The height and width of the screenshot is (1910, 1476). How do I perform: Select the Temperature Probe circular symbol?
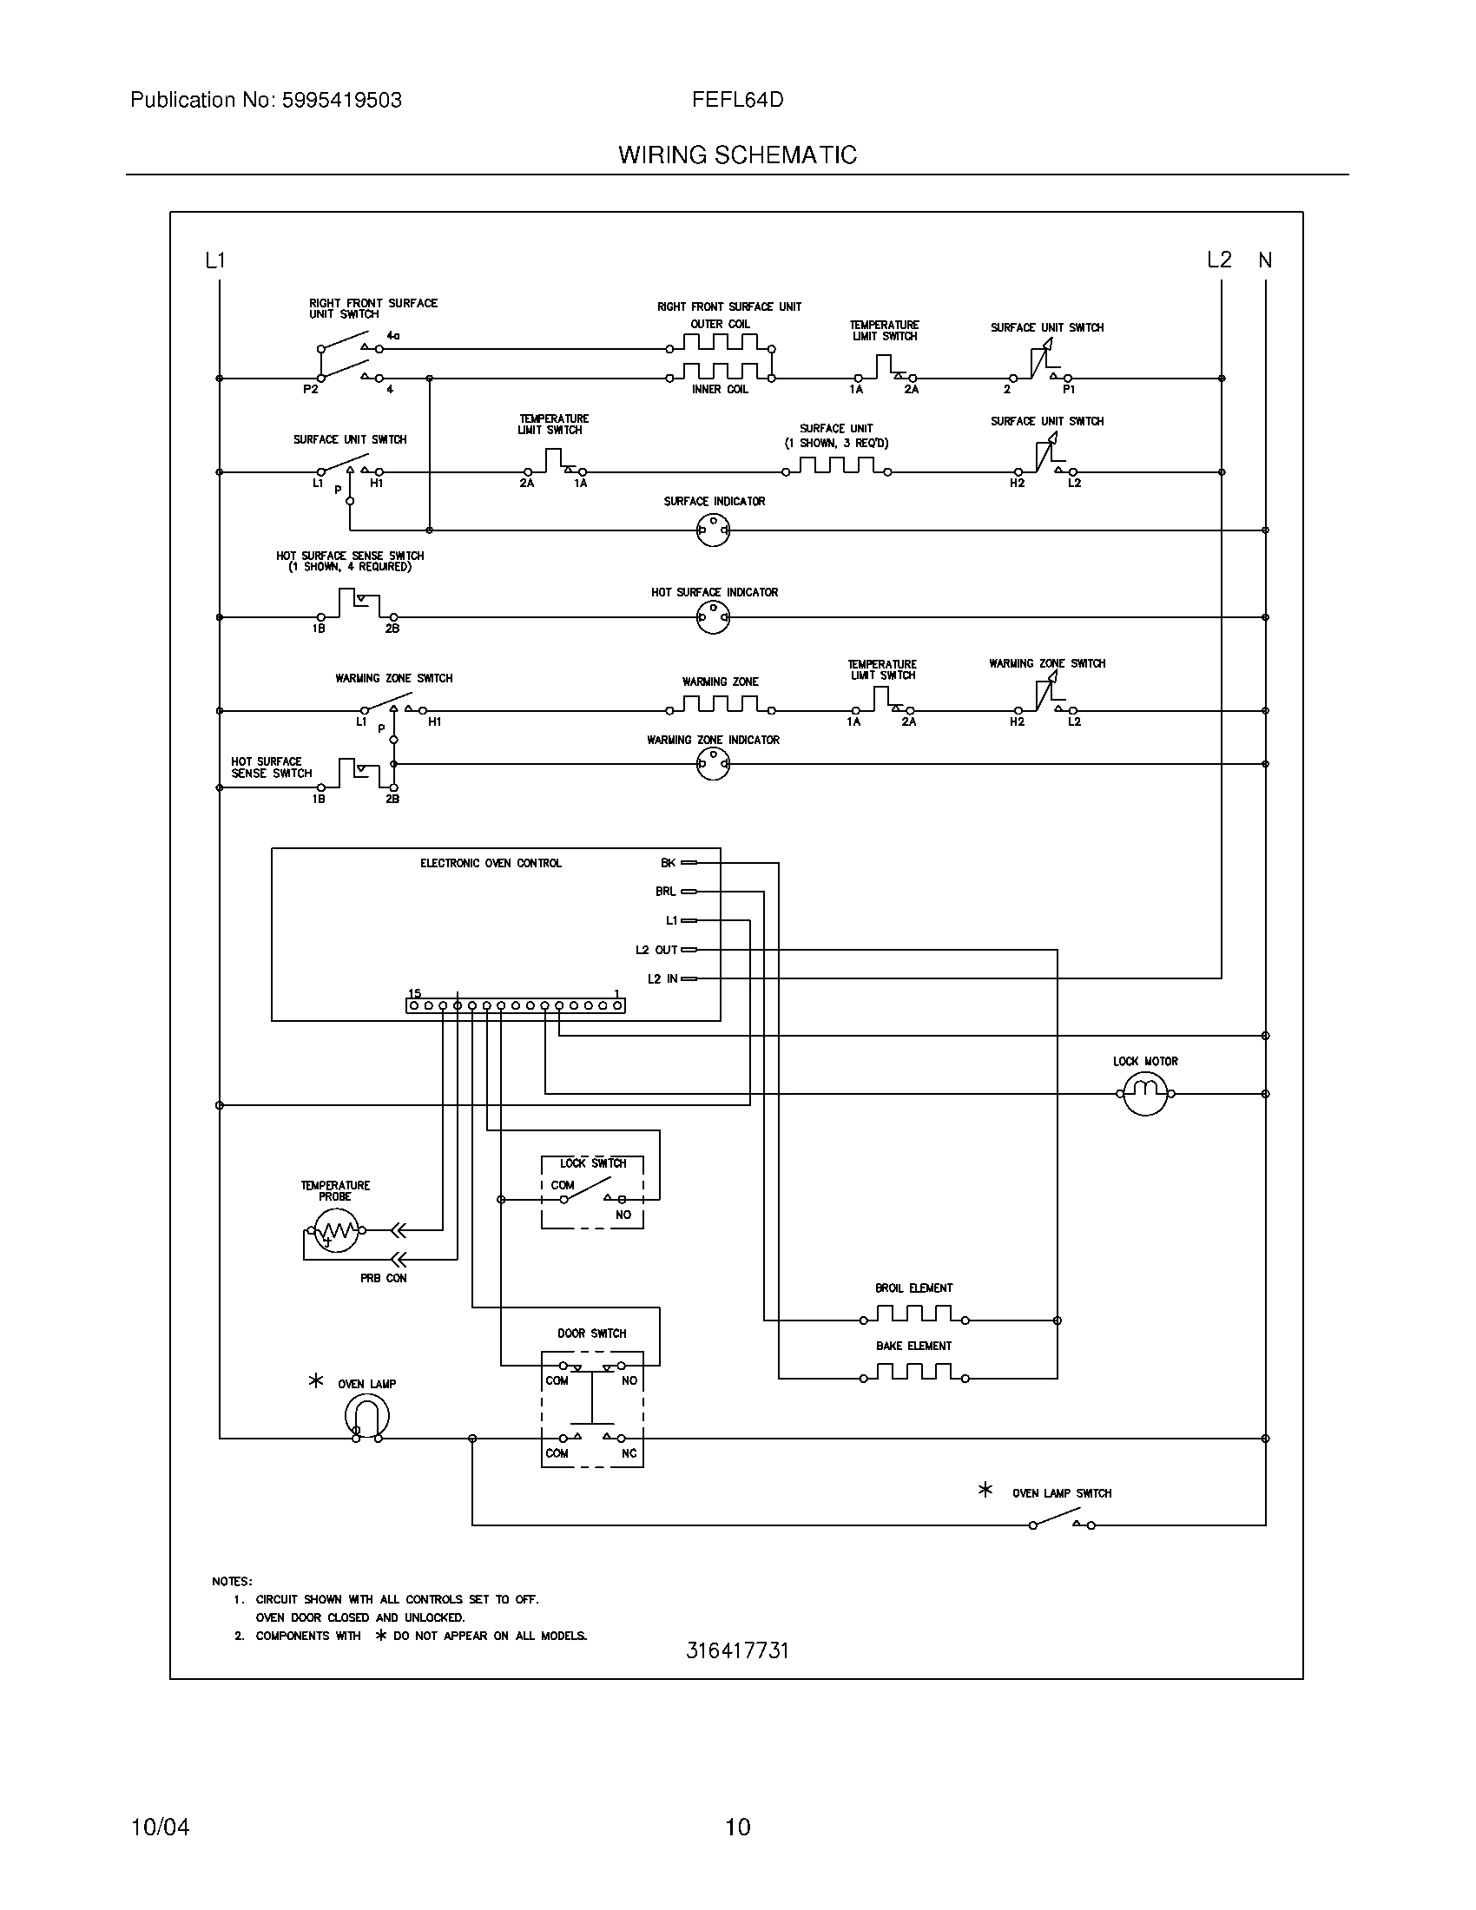[x=337, y=1229]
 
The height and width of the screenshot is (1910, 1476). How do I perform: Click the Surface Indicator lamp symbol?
[x=714, y=530]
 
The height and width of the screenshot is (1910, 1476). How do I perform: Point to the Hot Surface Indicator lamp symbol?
[x=714, y=617]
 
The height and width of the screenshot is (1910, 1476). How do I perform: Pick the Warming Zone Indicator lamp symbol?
[x=714, y=764]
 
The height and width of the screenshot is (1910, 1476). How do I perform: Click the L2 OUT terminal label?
[x=656, y=950]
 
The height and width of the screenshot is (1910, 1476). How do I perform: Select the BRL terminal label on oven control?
[x=665, y=892]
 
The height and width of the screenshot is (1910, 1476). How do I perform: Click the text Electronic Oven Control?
[x=491, y=863]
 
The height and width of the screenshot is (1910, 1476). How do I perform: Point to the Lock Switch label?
[x=593, y=1163]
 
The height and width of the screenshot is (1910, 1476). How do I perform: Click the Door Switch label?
[x=592, y=1334]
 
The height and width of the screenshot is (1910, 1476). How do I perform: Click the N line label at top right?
[x=1264, y=260]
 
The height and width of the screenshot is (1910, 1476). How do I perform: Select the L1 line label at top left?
[x=215, y=260]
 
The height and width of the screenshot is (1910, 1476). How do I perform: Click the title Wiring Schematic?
[x=737, y=155]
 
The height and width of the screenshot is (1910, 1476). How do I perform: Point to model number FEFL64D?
[x=737, y=100]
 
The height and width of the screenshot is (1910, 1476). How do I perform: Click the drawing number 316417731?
[x=737, y=1650]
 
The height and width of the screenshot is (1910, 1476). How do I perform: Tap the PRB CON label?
[x=383, y=1279]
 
